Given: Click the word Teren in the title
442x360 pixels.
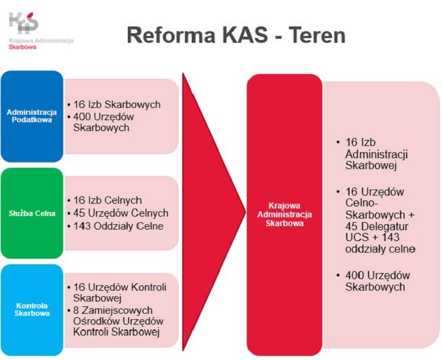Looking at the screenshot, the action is (x=317, y=35).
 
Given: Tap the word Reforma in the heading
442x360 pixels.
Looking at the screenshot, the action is (x=171, y=35).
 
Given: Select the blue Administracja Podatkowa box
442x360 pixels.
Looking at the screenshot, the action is (x=32, y=116).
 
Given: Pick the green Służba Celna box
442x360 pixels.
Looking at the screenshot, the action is (x=32, y=213).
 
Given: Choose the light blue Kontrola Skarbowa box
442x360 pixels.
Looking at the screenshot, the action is (x=32, y=310).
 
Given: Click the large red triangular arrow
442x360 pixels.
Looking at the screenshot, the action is (x=214, y=212).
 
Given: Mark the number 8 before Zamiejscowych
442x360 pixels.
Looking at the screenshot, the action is (x=76, y=310).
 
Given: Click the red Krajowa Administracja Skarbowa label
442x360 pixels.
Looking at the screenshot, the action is (x=284, y=214).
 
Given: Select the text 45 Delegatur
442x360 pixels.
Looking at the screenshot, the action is (x=377, y=226).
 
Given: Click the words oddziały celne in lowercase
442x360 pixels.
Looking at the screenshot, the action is (x=380, y=249).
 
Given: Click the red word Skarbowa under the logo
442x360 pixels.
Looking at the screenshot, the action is (x=22, y=47).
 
